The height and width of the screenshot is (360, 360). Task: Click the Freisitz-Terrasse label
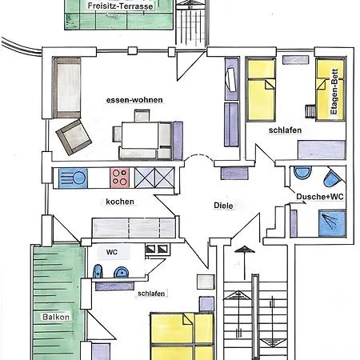[120, 6]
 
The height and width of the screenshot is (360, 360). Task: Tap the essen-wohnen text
[134, 100]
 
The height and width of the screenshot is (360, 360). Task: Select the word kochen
[120, 202]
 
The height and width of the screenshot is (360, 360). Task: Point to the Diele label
[223, 206]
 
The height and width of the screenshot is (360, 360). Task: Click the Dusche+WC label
[320, 197]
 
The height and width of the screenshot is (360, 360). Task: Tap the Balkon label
[56, 317]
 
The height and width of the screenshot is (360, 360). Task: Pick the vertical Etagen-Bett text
[334, 91]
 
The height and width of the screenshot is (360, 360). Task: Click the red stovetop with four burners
[119, 178]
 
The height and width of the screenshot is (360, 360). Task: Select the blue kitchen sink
[73, 178]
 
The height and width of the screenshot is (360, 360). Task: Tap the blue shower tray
[332, 223]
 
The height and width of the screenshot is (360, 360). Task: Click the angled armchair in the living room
[74, 137]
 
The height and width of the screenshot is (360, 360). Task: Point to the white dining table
[140, 135]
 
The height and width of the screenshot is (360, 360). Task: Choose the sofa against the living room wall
[67, 88]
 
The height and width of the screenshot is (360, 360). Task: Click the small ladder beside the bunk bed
[310, 111]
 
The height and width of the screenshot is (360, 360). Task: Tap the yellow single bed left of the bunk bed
[262, 90]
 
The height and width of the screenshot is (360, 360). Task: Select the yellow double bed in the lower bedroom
[182, 337]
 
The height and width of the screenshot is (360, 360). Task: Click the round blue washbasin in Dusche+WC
[302, 172]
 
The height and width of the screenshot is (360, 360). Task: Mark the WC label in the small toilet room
[112, 252]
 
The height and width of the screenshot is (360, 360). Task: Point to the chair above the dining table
[142, 116]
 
